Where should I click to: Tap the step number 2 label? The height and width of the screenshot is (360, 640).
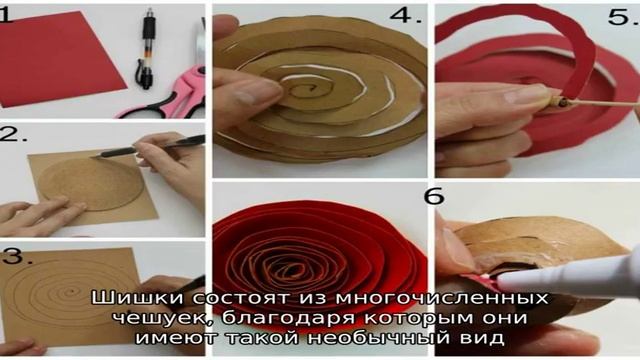point(13,134)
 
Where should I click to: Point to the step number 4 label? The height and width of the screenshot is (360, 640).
point(405,16)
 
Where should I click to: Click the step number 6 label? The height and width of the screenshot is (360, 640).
point(434,196)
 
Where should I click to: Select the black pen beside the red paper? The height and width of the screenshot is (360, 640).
point(147,47)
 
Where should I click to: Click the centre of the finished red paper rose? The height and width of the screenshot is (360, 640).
point(295,269)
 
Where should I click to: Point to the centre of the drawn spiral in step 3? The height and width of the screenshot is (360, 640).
point(70,293)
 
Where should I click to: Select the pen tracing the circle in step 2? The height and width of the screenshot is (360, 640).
point(148,147)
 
